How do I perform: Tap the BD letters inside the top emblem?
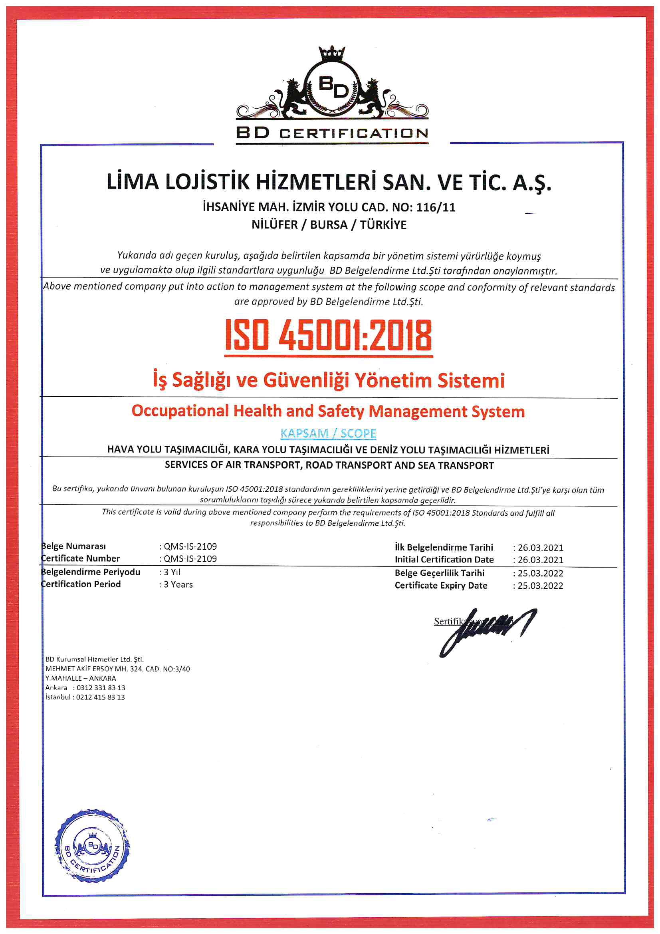coord(333,87)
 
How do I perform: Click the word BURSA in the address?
coord(329,225)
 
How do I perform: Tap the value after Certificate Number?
coord(190,558)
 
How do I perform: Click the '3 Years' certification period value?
coord(178,584)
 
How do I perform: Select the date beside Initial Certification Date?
coord(540,560)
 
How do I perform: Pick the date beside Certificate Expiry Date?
coord(540,586)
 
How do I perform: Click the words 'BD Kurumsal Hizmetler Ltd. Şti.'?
coord(94,659)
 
